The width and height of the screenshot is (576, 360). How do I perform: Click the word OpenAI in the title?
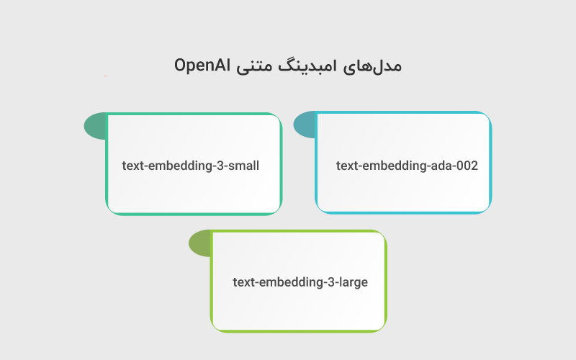[x=202, y=66]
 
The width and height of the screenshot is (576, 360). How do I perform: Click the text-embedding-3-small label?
[x=190, y=166]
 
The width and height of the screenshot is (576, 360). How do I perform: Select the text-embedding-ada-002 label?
[x=407, y=166]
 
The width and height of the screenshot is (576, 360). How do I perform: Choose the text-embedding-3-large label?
[x=300, y=282]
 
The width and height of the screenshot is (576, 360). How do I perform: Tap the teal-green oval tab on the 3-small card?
[x=95, y=126]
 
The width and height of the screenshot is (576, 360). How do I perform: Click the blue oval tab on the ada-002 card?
[x=305, y=124]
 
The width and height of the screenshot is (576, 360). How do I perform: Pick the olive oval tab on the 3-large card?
[x=199, y=243]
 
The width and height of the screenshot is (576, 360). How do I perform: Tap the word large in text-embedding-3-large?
[x=353, y=282]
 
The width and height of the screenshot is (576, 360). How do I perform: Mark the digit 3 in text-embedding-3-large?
[x=331, y=282]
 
